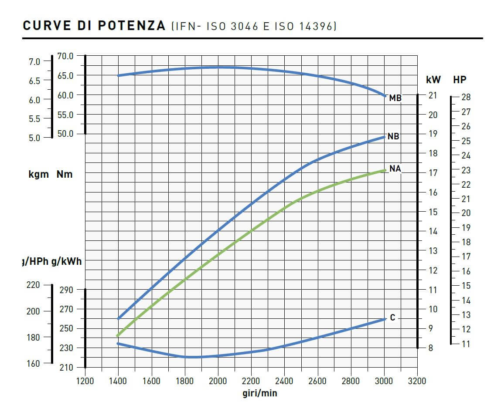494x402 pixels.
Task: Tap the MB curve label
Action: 395,98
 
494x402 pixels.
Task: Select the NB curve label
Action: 393,137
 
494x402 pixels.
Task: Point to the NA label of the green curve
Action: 395,169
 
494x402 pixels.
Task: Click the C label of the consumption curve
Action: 392,318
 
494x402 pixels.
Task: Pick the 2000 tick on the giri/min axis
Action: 218,381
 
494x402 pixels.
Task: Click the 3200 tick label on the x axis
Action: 416,381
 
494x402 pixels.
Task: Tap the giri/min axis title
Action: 259,393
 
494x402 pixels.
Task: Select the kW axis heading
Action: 433,80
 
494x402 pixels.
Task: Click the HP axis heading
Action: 460,80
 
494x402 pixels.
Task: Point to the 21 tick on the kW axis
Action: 433,95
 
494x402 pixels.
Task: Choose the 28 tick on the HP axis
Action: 466,97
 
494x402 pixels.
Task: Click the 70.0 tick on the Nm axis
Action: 65,56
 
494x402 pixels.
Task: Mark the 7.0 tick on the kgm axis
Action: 34,61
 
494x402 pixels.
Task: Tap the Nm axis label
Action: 65,175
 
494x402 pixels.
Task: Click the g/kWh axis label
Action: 66,262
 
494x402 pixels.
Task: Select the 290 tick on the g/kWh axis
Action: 66,290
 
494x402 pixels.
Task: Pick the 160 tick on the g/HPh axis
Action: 33,363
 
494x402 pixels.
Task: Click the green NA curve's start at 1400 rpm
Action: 118,335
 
